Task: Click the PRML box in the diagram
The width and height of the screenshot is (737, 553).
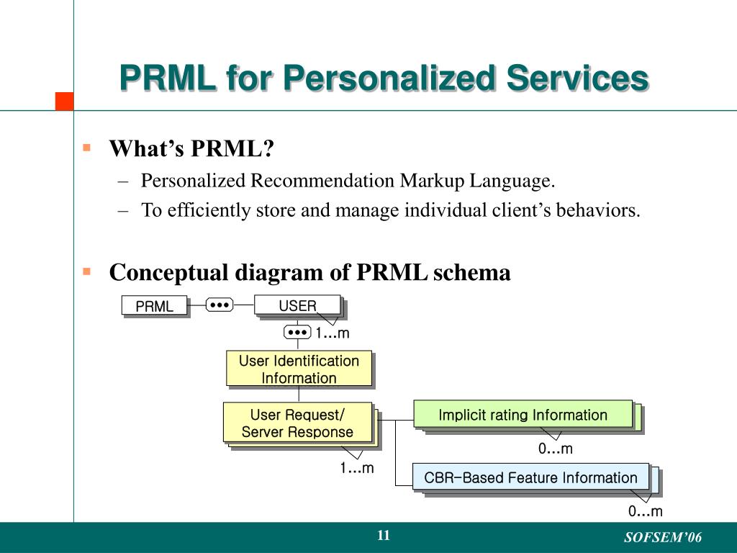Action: pos(154,306)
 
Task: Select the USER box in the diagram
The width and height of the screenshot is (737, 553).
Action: pos(297,306)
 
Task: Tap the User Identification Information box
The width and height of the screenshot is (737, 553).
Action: pos(299,369)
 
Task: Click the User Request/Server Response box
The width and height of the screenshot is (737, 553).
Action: pos(297,423)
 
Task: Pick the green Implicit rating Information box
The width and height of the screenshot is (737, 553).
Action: pos(523,415)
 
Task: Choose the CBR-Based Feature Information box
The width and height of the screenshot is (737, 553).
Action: pos(530,477)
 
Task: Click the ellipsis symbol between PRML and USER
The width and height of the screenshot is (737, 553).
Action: pos(219,305)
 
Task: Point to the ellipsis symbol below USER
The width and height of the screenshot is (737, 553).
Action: pos(297,332)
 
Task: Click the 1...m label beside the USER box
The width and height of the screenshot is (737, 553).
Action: pos(332,333)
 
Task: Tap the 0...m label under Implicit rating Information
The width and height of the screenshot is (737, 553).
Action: pos(556,449)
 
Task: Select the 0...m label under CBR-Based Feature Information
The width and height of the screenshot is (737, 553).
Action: pos(645,512)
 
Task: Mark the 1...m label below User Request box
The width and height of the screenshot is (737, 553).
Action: pos(357,468)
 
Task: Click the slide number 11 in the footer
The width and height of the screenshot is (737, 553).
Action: pos(383,536)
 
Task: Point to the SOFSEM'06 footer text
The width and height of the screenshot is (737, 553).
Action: pos(662,538)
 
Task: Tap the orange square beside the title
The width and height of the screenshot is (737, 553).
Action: pos(65,101)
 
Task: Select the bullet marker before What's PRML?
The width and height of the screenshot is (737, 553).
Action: pos(86,148)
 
